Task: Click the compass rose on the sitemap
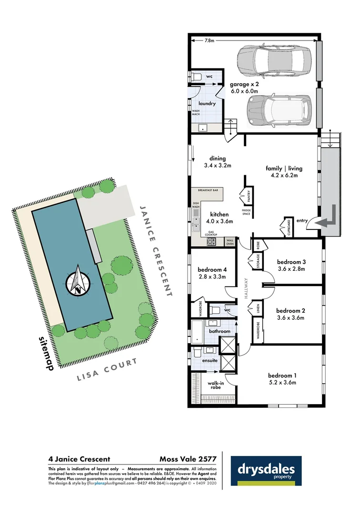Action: point(77,282)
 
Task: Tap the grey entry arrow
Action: point(328,217)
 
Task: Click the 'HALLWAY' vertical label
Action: point(247,287)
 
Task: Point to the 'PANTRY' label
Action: point(249,196)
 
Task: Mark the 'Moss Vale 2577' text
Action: point(188,459)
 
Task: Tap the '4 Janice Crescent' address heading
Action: point(79,459)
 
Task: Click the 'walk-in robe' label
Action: point(215,385)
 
